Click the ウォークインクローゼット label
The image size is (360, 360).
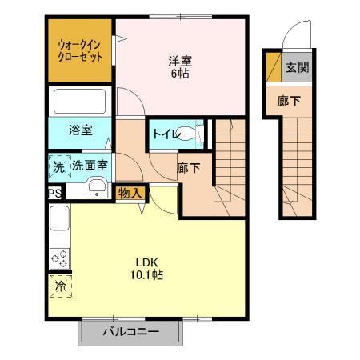pos(79,50)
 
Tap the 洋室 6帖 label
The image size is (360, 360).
pos(179,66)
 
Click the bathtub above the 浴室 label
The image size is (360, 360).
pos(78,102)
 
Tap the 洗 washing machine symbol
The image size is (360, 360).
pos(58,167)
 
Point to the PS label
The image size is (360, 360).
pos(54,192)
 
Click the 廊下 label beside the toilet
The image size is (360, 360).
pos(188,168)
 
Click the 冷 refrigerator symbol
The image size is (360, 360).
pos(59,284)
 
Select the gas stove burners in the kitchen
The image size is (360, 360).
pos(59,258)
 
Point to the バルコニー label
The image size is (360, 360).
pos(130,331)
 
